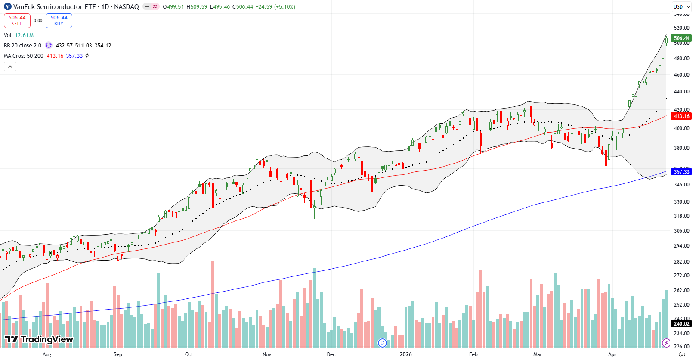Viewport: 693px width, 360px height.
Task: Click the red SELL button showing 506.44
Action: point(17,20)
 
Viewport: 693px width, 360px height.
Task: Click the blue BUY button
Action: point(59,20)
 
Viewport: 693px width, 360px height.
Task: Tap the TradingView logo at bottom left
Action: point(39,339)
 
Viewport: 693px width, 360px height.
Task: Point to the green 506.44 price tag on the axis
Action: point(681,38)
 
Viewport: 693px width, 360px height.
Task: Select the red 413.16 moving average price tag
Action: point(681,116)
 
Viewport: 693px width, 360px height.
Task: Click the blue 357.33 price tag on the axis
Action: point(681,171)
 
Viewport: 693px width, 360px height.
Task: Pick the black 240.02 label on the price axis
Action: point(681,324)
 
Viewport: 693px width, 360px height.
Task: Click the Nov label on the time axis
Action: point(267,354)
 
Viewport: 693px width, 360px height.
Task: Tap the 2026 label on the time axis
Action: point(405,354)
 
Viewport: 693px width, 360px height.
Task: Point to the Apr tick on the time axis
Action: point(612,354)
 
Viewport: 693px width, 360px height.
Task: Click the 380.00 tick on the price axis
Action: point(681,148)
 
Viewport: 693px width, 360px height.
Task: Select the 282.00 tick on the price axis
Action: point(681,262)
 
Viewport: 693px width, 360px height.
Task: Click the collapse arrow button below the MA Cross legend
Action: point(10,67)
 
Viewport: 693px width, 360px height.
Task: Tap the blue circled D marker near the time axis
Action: point(382,343)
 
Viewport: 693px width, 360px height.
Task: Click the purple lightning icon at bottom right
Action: point(666,343)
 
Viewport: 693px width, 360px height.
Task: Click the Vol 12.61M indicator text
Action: point(19,35)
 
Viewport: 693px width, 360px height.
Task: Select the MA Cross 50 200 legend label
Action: point(24,56)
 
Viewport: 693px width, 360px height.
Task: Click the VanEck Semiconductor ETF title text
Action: point(54,7)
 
